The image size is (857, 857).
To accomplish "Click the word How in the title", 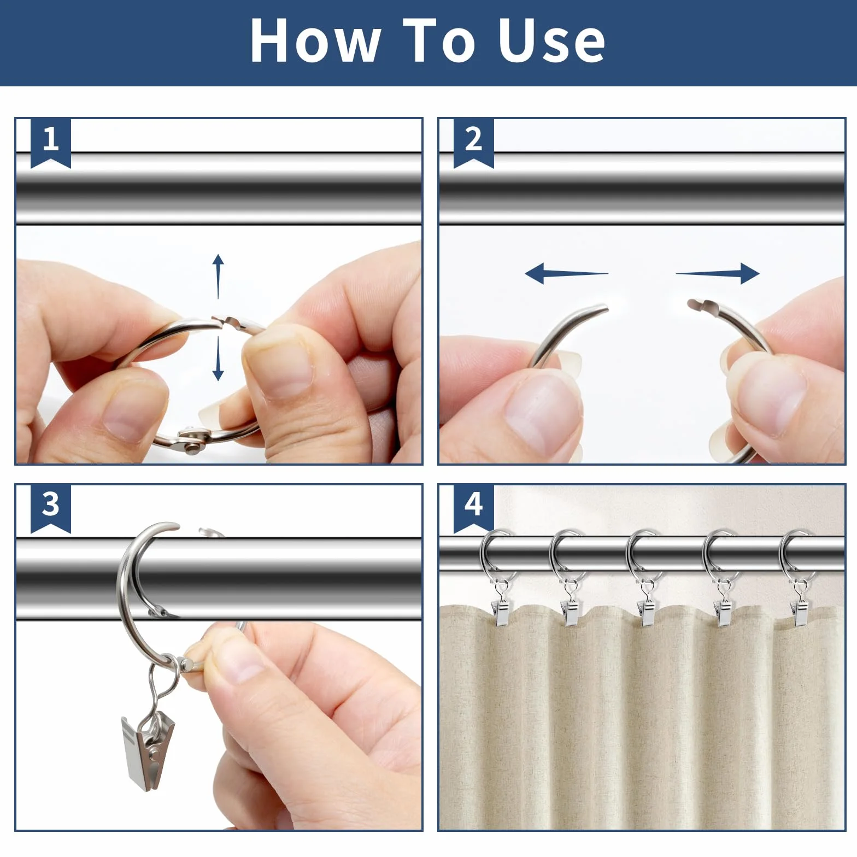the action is pos(315,40).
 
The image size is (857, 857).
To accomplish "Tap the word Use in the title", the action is pos(551,40).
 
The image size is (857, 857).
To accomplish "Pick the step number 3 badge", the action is pos(51,508).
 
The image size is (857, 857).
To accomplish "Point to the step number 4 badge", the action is pos(474,508).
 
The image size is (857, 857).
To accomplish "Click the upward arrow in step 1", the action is pos(218,276).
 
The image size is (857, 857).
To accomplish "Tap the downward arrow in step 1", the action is pos(218,359).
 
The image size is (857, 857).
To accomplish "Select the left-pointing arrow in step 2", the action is pos(566,273).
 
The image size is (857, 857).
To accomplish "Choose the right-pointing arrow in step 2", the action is pos(718,273).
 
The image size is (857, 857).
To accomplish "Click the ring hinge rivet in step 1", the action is pos(192,448).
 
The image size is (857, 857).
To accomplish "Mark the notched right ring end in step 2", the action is pos(700,305).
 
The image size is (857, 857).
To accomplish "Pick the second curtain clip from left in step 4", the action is pos(572,613).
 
